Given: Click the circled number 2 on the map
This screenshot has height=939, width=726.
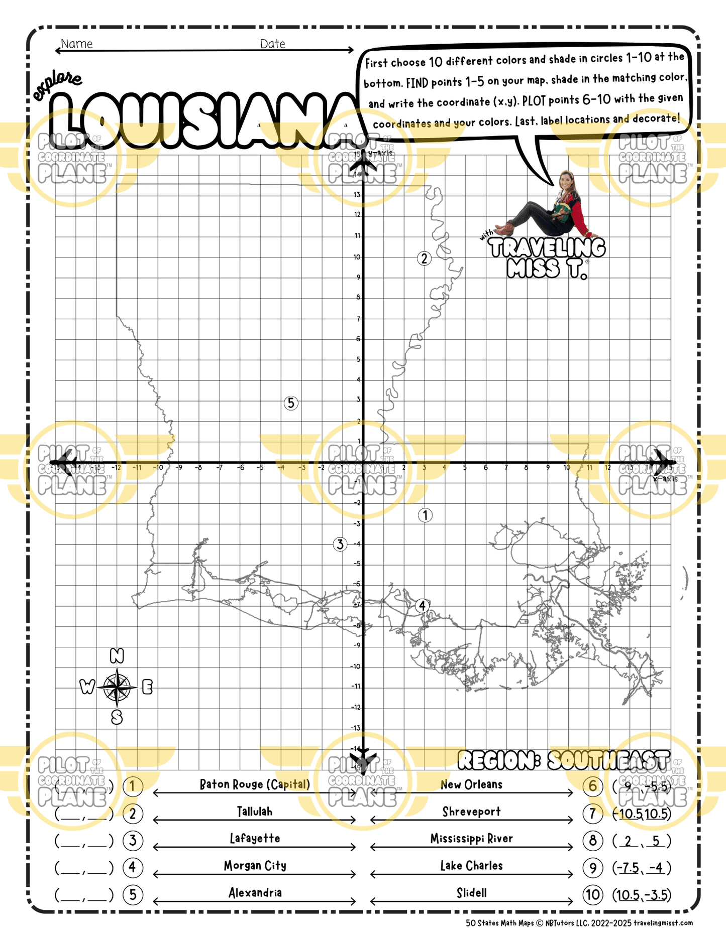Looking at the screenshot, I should [424, 258].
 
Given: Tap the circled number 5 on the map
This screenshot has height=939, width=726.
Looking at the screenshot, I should [291, 403].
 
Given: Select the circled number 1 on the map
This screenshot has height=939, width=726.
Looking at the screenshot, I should [425, 515].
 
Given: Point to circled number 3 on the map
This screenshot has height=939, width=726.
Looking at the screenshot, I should [340, 544].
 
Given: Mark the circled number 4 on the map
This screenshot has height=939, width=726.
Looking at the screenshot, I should [422, 606].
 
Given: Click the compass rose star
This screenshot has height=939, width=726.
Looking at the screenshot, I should [117, 687].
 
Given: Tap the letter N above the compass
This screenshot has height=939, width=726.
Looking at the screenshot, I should [117, 655].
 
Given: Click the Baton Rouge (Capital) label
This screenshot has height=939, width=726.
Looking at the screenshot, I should [255, 784].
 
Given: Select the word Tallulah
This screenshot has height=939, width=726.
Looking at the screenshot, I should [255, 812].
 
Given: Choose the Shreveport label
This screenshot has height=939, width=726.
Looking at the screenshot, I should [471, 812].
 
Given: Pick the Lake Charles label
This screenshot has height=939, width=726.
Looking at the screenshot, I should [471, 866].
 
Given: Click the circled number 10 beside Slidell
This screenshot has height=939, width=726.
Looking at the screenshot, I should [593, 894].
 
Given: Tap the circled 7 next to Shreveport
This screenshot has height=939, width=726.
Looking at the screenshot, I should [593, 814].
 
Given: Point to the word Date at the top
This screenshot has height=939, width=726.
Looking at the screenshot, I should [273, 44].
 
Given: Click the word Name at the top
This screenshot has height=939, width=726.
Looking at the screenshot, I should [77, 44].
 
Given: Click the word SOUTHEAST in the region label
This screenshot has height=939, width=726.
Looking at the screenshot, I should [608, 761].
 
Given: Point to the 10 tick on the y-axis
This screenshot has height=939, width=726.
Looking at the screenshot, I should [357, 257].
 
